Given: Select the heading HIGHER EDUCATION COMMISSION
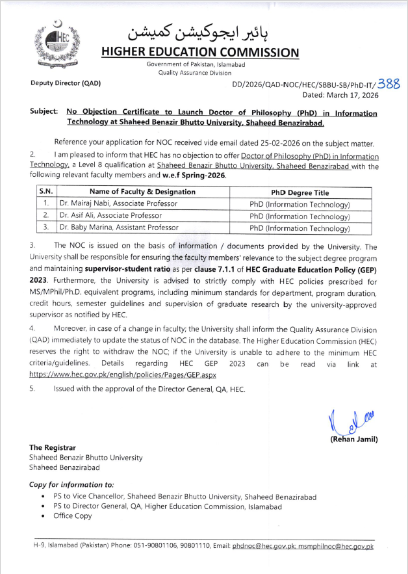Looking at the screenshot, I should coord(200,53).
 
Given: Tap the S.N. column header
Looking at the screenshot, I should coord(45,192).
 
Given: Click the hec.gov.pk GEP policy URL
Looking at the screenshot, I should coord(123,375).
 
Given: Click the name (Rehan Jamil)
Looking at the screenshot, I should coord(354,440).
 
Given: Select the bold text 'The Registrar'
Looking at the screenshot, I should coord(53,447).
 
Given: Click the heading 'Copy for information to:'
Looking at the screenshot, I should coord(71,485).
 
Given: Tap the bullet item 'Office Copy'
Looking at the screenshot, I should coord(73,516).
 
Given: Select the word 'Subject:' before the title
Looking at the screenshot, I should coord(44,112).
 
